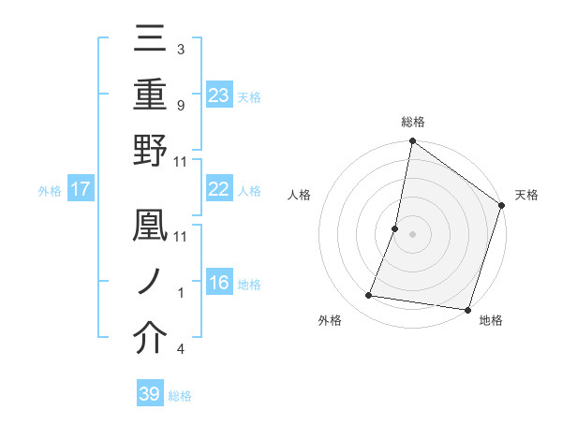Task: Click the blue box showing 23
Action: [219, 95]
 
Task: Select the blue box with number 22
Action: [219, 189]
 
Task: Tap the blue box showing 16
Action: [219, 284]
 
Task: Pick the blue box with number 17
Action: [81, 189]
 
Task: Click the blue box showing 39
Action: [150, 394]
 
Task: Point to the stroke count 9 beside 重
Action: [180, 106]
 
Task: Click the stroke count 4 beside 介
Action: [180, 350]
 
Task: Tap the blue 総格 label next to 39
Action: [180, 395]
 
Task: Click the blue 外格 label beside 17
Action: [50, 190]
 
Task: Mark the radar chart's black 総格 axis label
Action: [413, 122]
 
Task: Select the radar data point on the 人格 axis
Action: [395, 228]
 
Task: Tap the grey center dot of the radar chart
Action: [412, 234]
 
